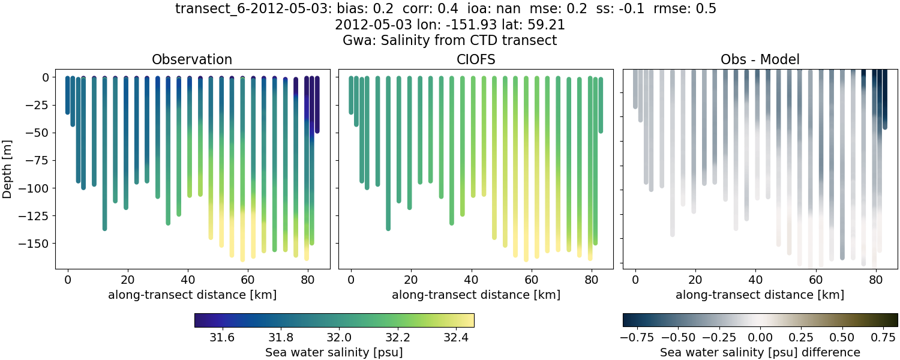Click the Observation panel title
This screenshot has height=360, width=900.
pyautogui.click(x=192, y=59)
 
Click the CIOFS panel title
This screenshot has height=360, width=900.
pyautogui.click(x=476, y=59)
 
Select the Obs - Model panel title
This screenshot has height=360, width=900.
pyautogui.click(x=760, y=59)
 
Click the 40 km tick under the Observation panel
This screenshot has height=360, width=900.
pyautogui.click(x=188, y=280)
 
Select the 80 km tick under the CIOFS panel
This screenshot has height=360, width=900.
pyautogui.click(x=592, y=280)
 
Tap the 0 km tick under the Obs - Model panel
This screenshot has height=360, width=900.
pyautogui.click(x=635, y=280)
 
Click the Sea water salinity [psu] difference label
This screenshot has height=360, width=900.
pyautogui.click(x=760, y=352)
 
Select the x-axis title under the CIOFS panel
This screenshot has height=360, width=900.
pyautogui.click(x=476, y=295)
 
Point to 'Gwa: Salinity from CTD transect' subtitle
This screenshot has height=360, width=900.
pyautogui.click(x=450, y=41)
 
